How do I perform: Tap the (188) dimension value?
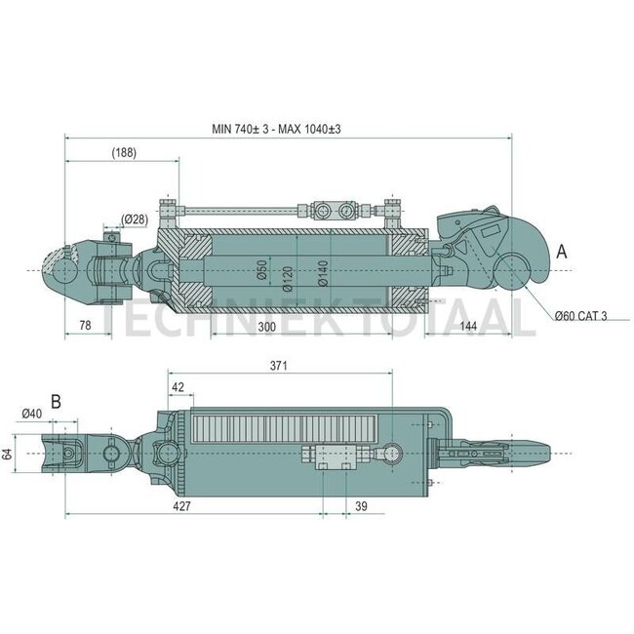click(123, 152)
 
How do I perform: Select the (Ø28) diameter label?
click(135, 218)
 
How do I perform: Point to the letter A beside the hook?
click(561, 251)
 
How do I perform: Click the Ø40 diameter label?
click(30, 414)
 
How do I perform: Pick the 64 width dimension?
click(9, 454)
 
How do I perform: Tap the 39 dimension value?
click(362, 507)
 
